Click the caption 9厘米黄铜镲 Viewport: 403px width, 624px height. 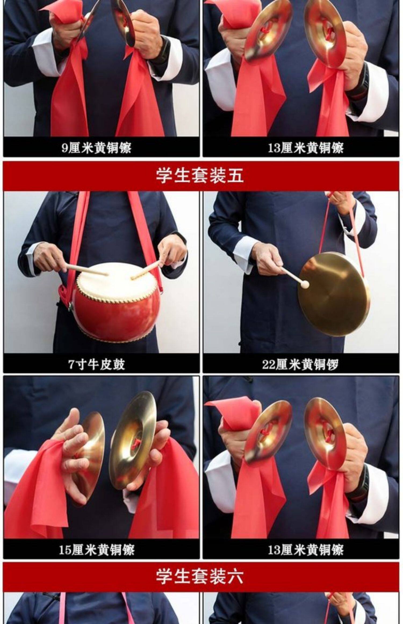pyautogui.click(x=96, y=148)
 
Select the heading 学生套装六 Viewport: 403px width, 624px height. pyautogui.click(x=200, y=576)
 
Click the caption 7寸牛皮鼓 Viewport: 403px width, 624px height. pyautogui.click(x=96, y=364)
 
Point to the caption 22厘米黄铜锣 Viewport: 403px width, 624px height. pyautogui.click(x=300, y=364)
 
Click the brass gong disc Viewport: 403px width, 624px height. pyautogui.click(x=333, y=294)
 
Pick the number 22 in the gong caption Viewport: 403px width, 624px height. pyautogui.click(x=269, y=365)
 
